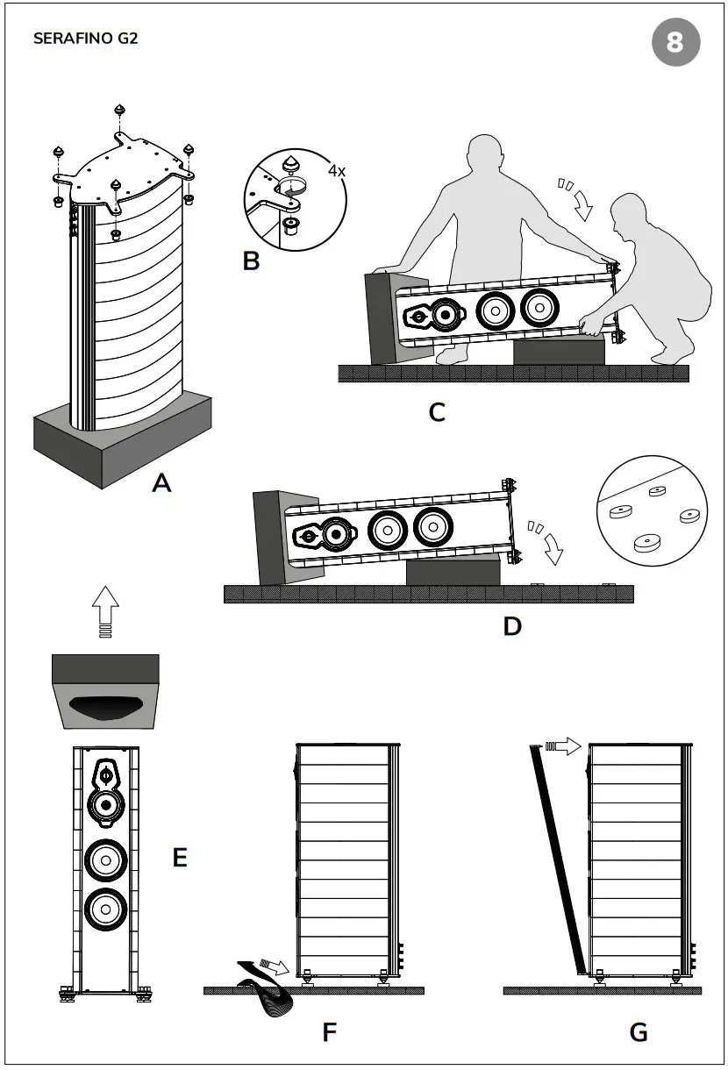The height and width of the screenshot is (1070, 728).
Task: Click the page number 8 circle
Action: [675, 42]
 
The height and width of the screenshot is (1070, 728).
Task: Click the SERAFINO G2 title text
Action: [85, 39]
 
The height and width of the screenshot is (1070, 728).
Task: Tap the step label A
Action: [161, 481]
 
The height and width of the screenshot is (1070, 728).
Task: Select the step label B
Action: [251, 260]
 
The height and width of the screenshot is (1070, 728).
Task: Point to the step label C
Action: [437, 411]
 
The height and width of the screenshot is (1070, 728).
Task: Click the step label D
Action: [512, 625]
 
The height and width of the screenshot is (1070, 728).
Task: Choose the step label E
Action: [180, 857]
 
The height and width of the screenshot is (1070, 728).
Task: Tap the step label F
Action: [329, 1032]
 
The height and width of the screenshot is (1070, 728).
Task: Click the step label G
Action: [639, 1032]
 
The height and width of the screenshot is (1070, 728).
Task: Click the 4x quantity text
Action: [337, 171]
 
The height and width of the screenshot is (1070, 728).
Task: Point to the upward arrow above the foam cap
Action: [105, 610]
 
